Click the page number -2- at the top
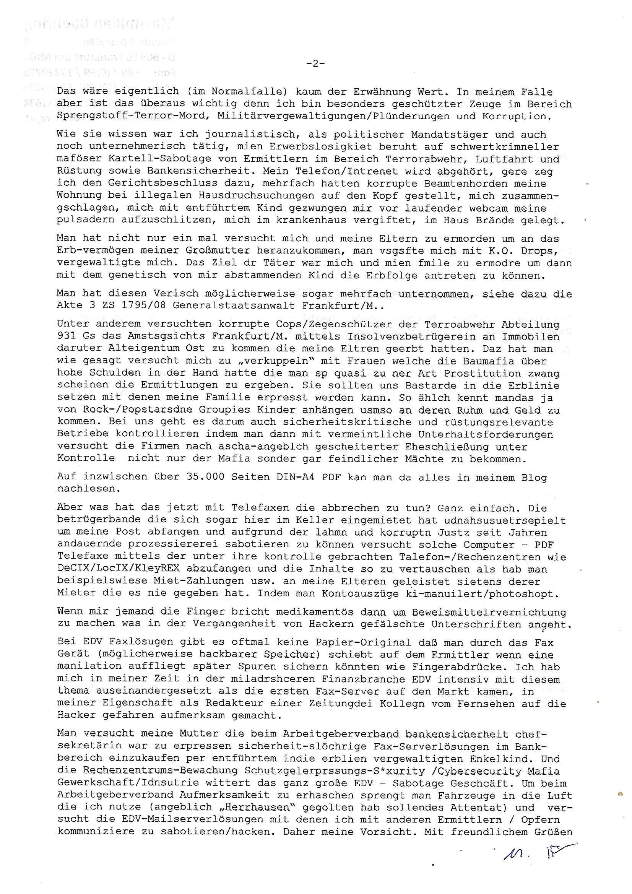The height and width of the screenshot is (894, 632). pyautogui.click(x=316, y=64)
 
